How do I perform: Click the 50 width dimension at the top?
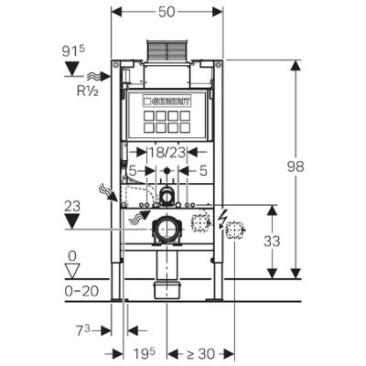coord(167,12)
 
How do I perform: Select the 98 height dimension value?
coord(296,167)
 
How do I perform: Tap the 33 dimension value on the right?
coord(272,242)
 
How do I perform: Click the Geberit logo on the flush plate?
coord(167,102)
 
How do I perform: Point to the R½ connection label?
coord(88,91)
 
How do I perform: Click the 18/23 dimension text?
coord(167,152)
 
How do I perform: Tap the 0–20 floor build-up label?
coord(81,291)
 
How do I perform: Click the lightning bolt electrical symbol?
coord(222,217)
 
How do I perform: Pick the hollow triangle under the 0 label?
coord(72,271)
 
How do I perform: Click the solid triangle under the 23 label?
coord(72,221)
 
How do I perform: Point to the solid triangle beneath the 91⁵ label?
coord(72,69)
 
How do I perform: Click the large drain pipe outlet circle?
coord(167,229)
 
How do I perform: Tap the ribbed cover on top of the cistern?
coord(167,49)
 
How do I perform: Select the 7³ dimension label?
coord(83,330)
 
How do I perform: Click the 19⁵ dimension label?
coord(145,354)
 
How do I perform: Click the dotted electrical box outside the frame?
coord(234,230)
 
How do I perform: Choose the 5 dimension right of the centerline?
coord(203,170)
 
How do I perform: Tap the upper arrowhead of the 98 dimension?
coord(296,67)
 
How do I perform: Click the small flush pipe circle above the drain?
coord(167,194)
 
